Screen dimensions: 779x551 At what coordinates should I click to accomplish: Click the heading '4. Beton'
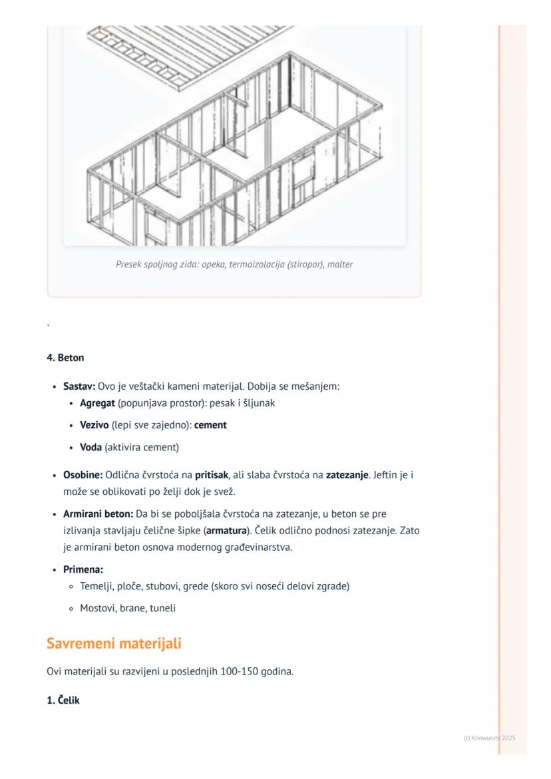pos(65,358)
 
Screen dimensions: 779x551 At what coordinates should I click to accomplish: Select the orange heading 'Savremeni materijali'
pos(114,644)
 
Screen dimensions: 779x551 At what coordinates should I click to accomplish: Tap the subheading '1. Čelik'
pos(63,699)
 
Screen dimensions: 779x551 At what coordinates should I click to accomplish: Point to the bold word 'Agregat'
pos(97,402)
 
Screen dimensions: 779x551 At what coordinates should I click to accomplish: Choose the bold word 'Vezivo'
pos(94,425)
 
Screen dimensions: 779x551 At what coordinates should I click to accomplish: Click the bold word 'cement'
pos(210,425)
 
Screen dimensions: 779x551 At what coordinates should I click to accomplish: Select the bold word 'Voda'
pos(91,447)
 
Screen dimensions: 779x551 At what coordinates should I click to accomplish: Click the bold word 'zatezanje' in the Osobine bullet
pos(347,476)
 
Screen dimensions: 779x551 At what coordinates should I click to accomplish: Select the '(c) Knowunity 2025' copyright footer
pos(489,738)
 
